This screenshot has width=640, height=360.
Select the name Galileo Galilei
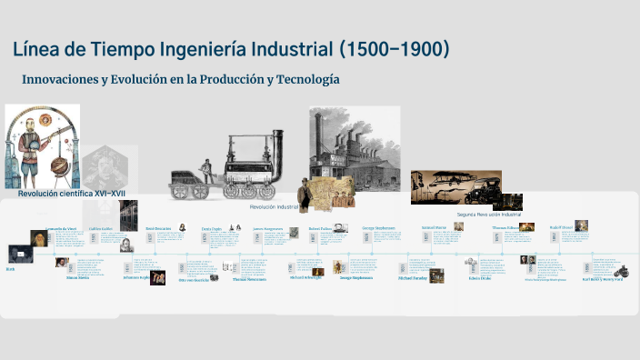(x=102, y=228)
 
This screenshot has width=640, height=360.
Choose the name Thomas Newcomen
(x=249, y=280)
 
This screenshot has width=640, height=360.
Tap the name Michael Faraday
(x=412, y=279)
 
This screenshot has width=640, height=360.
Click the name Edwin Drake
(x=480, y=279)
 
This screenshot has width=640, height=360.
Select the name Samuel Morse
(x=434, y=226)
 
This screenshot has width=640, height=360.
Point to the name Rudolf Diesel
(x=560, y=227)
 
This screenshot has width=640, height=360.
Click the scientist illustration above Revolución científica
(x=42, y=145)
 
